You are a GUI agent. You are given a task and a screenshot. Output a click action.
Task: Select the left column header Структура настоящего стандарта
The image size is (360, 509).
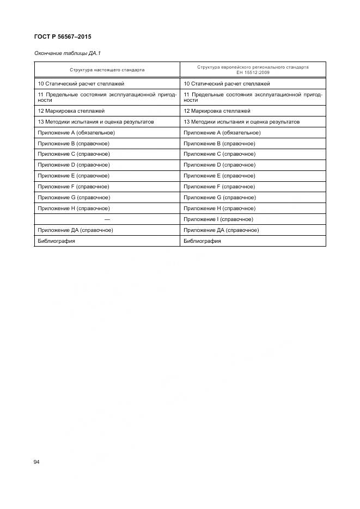(x=107, y=70)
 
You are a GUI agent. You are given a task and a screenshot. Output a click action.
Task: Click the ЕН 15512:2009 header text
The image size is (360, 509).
(x=253, y=72)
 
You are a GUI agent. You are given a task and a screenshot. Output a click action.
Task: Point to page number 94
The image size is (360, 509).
(x=36, y=462)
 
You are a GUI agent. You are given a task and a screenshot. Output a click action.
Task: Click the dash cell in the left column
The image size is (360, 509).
(x=107, y=219)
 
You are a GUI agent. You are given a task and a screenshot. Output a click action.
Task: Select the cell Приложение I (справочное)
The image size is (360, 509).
(x=218, y=219)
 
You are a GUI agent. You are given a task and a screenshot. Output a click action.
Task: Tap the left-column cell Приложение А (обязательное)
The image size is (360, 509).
(x=76, y=133)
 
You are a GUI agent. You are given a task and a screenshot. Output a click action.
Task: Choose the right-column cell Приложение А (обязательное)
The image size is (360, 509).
(x=222, y=133)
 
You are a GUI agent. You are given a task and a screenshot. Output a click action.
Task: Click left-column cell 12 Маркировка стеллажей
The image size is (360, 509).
(x=70, y=111)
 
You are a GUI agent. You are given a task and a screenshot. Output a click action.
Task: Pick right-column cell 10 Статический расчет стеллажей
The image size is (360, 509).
(x=227, y=84)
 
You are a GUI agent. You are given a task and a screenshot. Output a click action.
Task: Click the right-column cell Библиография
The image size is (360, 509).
(x=202, y=241)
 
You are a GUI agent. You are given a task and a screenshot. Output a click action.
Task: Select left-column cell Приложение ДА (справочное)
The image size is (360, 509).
(x=75, y=230)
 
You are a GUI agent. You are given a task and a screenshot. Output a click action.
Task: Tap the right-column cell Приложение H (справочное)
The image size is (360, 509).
(x=219, y=208)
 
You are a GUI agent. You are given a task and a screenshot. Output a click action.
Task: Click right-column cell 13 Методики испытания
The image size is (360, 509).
(x=241, y=122)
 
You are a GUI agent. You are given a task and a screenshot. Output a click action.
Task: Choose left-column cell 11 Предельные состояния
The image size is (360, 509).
(x=107, y=97)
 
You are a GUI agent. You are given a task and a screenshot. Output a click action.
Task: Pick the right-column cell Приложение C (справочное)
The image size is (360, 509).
(x=219, y=154)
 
